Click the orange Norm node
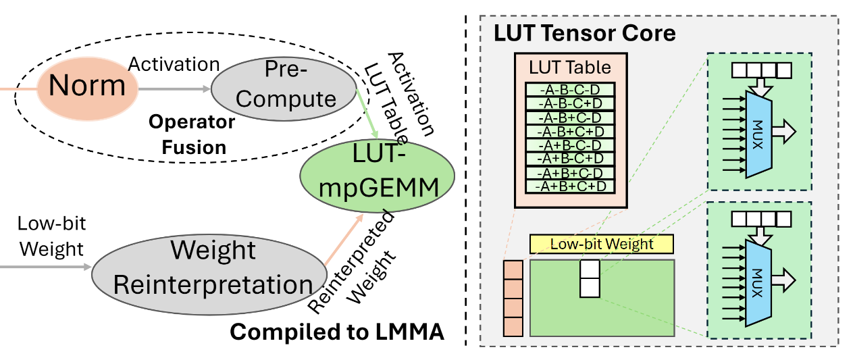tap(87, 86)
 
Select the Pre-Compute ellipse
tap(285, 88)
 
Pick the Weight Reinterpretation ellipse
tap(213, 267)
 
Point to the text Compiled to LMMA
tap(337, 332)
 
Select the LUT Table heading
tap(571, 68)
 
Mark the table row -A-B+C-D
tap(571, 116)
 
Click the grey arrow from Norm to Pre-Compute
tap(174, 88)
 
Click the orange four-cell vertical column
tap(513, 298)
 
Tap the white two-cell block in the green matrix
tap(590, 279)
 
